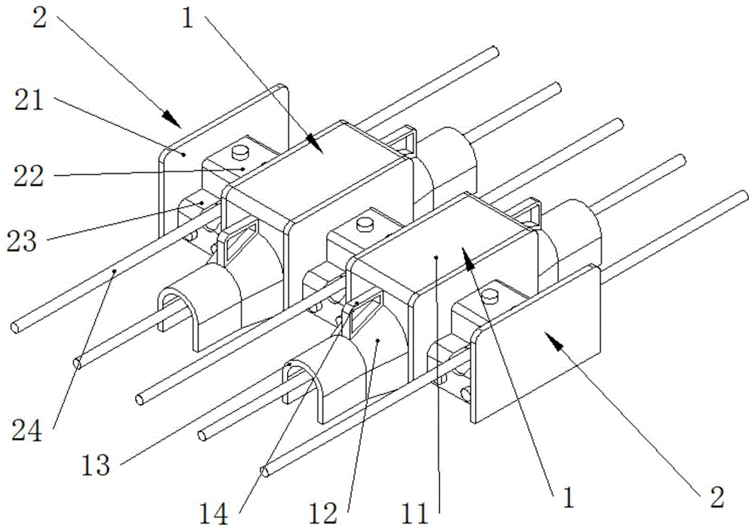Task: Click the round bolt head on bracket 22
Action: point(241,153)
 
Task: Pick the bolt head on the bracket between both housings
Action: point(365,223)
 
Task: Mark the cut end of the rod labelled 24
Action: point(17,329)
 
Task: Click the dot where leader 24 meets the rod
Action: point(114,269)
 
